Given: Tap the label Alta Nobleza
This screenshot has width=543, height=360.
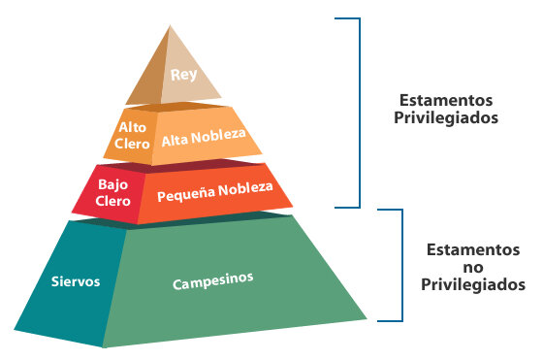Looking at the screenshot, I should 204,138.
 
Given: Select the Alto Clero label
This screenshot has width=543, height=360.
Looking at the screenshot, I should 133,135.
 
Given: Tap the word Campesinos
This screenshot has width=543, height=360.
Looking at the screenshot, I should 213,281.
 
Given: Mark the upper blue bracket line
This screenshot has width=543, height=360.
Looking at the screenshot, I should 360,112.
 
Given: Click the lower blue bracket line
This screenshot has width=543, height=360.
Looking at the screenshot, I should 400,264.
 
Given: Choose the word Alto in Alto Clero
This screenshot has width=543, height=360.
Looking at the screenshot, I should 133,127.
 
